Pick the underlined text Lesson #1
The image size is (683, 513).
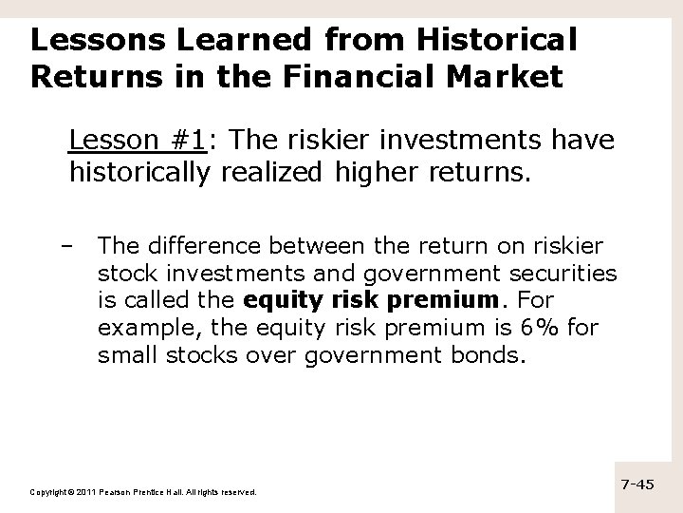[x=138, y=142]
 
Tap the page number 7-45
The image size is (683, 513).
[x=637, y=484]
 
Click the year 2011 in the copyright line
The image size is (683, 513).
[x=85, y=492]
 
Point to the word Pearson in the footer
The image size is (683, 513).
[x=123, y=492]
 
